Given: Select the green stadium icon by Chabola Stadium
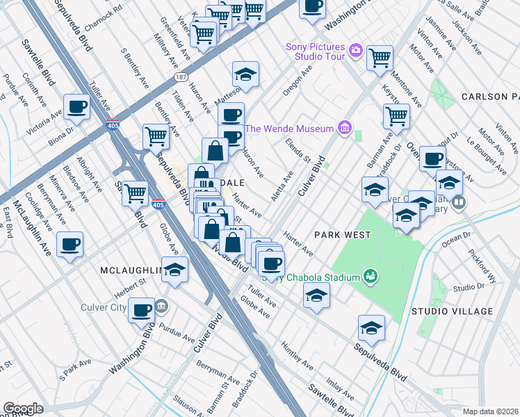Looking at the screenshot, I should click(371, 277).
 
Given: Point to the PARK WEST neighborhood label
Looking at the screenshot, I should click(341, 235).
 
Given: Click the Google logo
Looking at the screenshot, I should click(23, 408).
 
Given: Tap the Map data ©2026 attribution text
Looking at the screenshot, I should click(489, 411).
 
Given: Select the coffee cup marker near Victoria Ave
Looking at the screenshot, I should click(77, 106).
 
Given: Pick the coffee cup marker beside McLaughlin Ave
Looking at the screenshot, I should click(70, 244).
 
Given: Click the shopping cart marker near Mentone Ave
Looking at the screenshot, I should click(380, 58).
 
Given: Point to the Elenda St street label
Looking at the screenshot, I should click(298, 151).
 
